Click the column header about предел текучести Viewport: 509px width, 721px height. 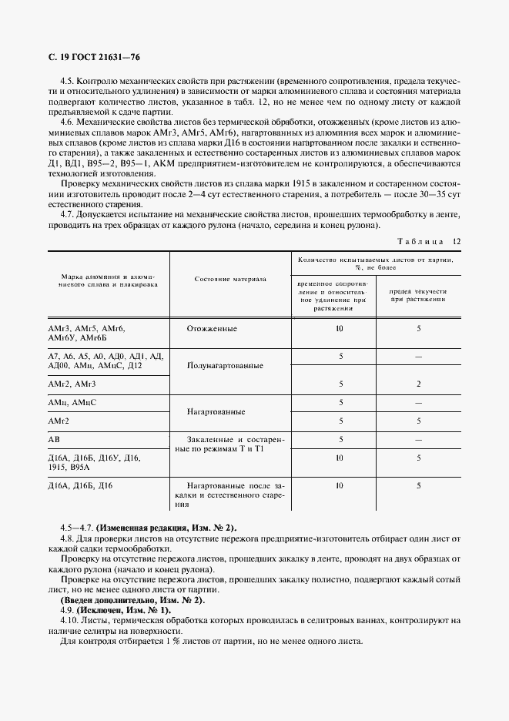point(418,297)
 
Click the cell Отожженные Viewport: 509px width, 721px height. point(212,329)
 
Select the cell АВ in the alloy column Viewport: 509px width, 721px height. point(55,439)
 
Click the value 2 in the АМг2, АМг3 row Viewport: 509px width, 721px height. point(418,384)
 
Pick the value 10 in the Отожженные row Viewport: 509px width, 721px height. point(339,329)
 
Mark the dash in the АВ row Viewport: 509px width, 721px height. point(418,439)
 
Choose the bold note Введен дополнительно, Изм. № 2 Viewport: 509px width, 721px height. point(132,599)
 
